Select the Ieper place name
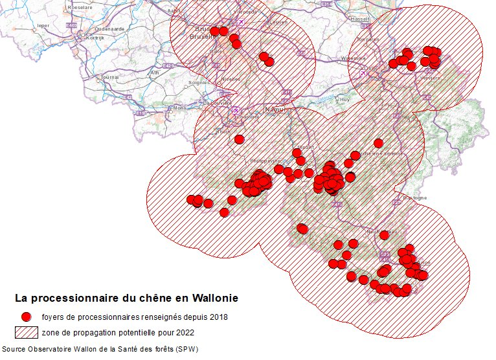click(43, 26)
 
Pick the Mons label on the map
click(179, 107)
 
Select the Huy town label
click(344, 100)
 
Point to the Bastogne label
click(415, 197)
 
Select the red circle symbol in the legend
click(26, 317)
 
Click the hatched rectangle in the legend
click(26, 332)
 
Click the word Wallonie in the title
click(213, 298)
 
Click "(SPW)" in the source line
click(186, 350)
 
